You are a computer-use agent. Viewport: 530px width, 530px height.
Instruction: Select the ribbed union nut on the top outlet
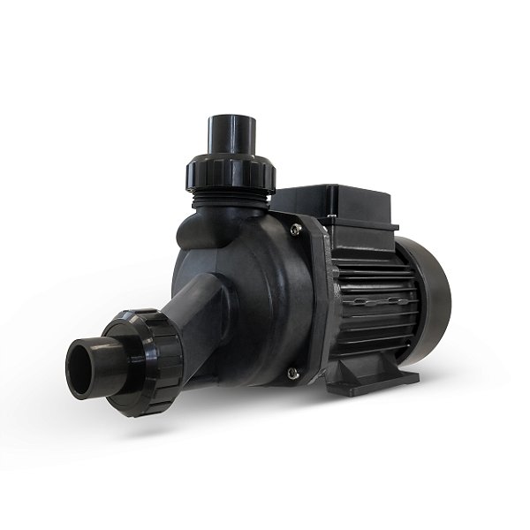(x=231, y=174)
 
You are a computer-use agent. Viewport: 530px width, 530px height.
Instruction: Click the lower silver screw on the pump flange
(x=292, y=375)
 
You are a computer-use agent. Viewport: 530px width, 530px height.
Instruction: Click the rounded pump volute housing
(x=256, y=300)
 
